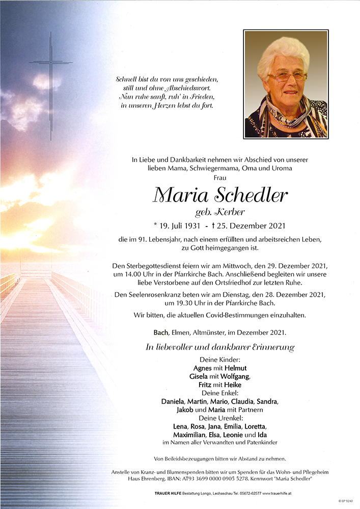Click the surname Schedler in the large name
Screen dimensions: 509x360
pyautogui.click(x=250, y=194)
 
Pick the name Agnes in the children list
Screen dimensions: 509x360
pyautogui.click(x=203, y=368)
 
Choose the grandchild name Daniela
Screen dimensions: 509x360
pyautogui.click(x=173, y=402)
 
